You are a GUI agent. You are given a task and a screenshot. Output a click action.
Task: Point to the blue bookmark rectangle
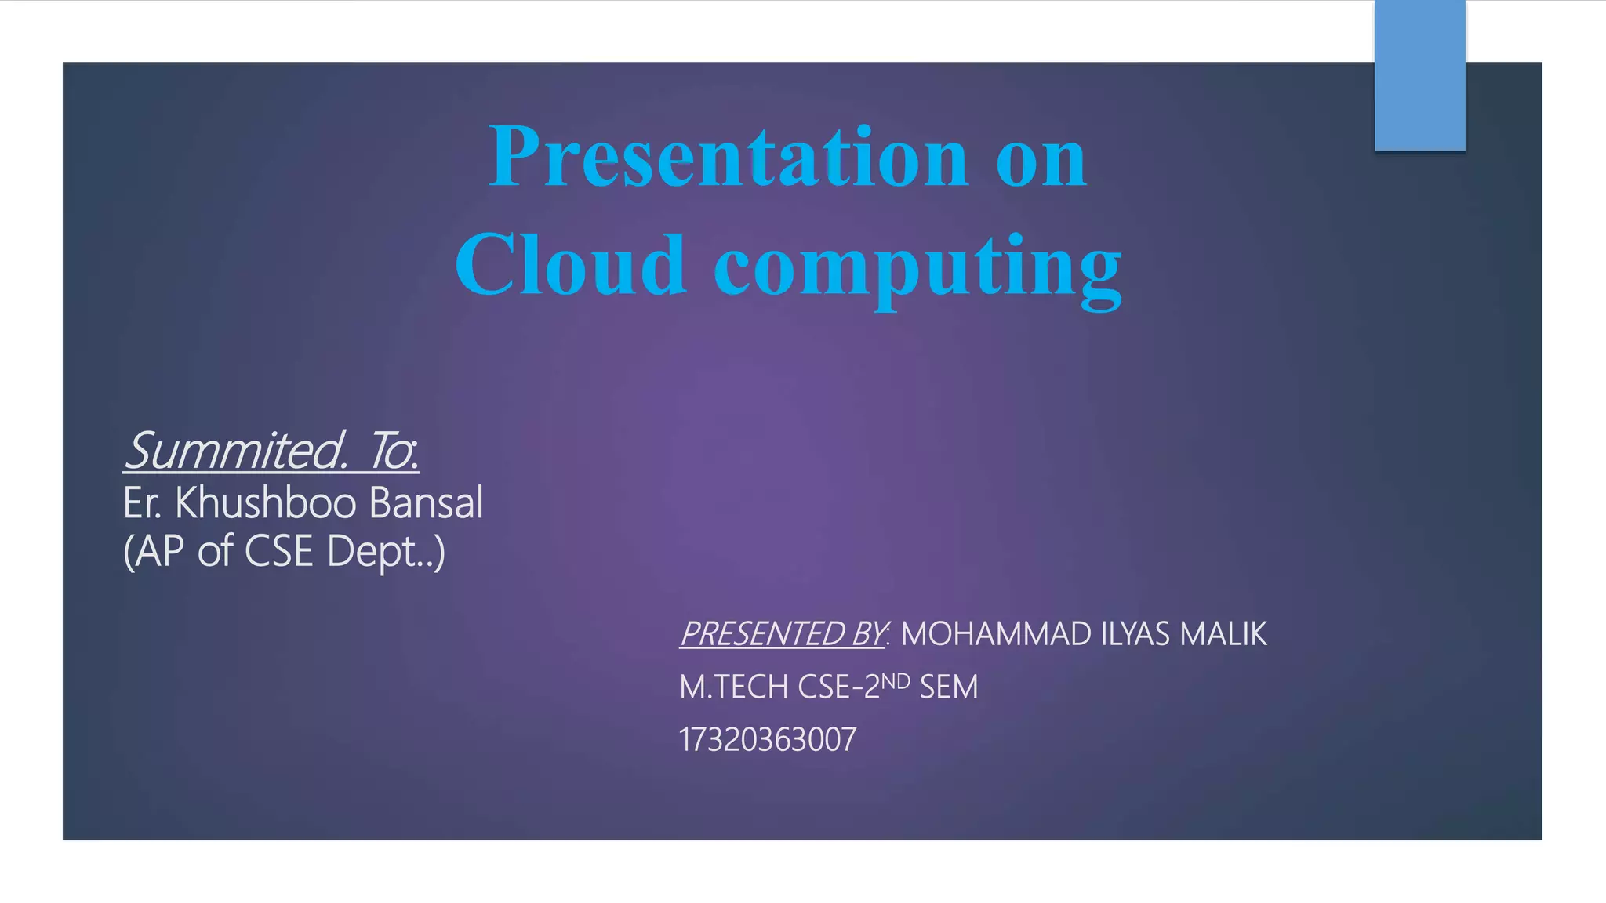pos(1419,75)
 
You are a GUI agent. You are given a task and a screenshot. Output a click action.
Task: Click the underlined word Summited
pos(235,451)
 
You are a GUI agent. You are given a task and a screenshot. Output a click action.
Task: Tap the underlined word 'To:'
pos(394,451)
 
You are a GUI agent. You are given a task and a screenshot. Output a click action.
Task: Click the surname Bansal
pos(425,502)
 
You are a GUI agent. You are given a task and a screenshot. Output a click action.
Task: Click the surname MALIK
pos(1223,634)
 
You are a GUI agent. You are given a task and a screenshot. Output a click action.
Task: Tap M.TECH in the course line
pos(733,687)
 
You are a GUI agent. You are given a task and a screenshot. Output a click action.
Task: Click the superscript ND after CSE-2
pos(896,681)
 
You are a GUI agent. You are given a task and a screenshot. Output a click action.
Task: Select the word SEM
pos(949,687)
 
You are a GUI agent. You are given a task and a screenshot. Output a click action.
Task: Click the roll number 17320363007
pos(768,739)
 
